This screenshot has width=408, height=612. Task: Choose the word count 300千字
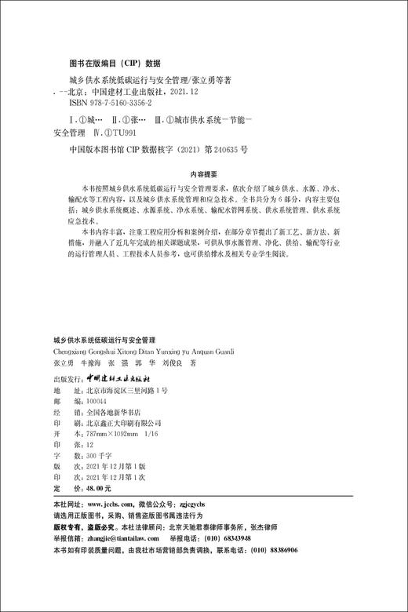click(x=87, y=454)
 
